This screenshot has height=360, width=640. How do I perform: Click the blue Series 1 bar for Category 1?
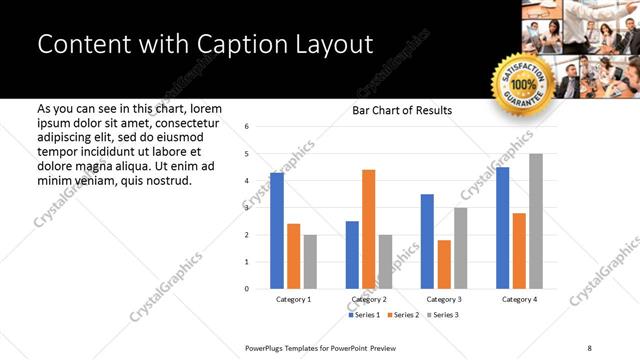tap(277, 231)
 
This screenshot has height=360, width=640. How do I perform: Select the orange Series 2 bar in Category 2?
tap(369, 229)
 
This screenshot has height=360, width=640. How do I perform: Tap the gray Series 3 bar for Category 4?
tap(536, 221)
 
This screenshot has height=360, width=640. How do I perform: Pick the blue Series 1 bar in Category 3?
tap(427, 241)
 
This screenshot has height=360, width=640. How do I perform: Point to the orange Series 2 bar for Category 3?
tap(444, 264)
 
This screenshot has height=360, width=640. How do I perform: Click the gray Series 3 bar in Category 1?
tap(310, 262)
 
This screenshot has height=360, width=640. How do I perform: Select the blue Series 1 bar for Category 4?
tap(502, 228)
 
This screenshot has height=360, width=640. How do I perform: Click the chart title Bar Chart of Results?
tap(402, 110)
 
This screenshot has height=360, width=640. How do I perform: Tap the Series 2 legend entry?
tap(402, 315)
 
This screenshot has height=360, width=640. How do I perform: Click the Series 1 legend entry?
tap(362, 315)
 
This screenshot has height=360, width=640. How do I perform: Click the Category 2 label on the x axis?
tap(369, 299)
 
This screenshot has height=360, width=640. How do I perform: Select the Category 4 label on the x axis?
tap(519, 299)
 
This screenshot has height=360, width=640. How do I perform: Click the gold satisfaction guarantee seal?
tap(521, 84)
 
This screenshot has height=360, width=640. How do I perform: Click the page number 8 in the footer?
tap(589, 347)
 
